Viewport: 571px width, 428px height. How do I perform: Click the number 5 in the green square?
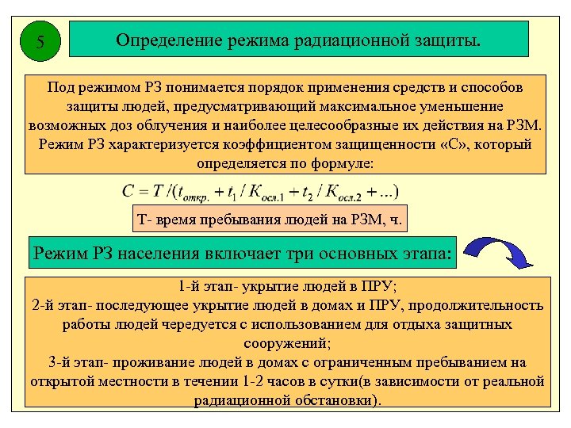(40, 42)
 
